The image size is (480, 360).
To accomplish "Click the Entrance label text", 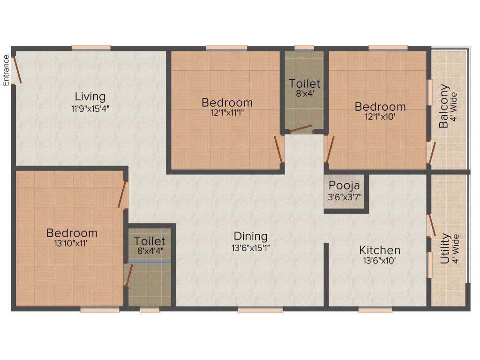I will tap(6, 70).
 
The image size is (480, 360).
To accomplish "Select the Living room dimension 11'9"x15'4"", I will tap(90, 108).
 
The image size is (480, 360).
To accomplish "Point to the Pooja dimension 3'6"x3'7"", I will tap(345, 196).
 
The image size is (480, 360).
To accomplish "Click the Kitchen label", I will tap(380, 250).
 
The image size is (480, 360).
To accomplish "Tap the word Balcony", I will tap(444, 106).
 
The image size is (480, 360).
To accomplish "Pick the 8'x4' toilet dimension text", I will tap(305, 94).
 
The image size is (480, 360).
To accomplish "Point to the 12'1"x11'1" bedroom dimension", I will tap(227, 113).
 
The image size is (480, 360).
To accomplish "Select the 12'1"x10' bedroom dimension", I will tap(380, 117).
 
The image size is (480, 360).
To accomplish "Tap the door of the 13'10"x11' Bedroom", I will tap(123, 194).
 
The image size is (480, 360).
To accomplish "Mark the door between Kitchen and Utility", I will tap(431, 225).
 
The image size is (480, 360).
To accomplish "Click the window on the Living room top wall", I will tap(91, 47).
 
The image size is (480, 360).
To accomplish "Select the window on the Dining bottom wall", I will tap(260, 309).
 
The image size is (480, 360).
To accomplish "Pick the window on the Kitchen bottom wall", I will tap(375, 309).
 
